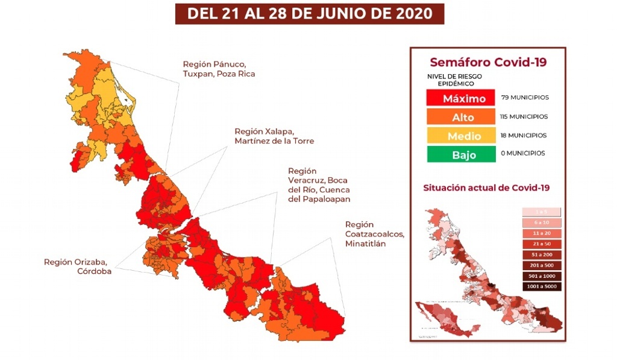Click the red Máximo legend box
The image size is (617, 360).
(x=463, y=98)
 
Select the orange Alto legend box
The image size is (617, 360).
(x=463, y=117)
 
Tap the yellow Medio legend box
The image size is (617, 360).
(x=463, y=136)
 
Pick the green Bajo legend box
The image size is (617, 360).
(x=463, y=154)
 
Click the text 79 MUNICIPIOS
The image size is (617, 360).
(x=525, y=97)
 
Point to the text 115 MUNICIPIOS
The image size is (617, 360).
(x=524, y=116)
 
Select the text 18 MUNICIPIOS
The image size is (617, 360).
(x=523, y=135)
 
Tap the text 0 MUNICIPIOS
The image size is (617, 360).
(x=522, y=153)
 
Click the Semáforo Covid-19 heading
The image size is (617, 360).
(x=487, y=63)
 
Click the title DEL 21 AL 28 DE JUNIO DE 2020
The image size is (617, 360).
(x=309, y=14)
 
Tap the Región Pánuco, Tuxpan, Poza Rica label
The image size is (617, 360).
(x=219, y=69)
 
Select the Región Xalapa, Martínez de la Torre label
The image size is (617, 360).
(x=274, y=136)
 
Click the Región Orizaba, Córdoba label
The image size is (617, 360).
(x=76, y=266)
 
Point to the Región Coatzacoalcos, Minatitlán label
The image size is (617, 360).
(x=374, y=234)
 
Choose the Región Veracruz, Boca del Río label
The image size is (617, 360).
(x=319, y=185)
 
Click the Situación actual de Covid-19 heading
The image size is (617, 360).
(x=486, y=188)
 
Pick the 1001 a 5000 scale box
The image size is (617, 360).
(x=542, y=287)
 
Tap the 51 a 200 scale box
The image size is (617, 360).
(x=542, y=254)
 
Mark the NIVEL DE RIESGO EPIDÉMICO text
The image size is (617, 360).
(x=454, y=80)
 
